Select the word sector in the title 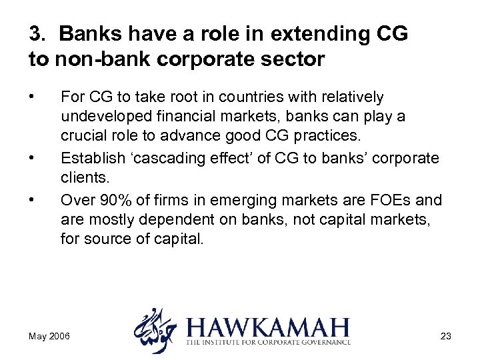tap(294, 60)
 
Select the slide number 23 tap(446, 336)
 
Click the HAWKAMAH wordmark tap(269, 329)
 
